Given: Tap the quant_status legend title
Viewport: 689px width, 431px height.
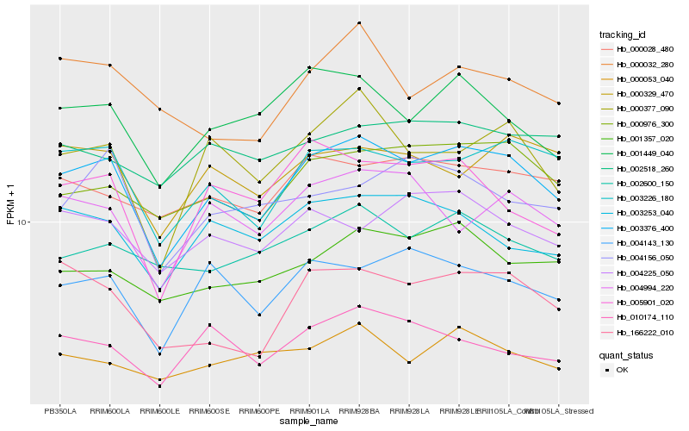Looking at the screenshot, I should click(x=625, y=355).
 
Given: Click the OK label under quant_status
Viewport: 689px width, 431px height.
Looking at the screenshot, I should click(x=623, y=370).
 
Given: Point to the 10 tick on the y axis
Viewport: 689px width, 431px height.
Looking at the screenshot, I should click(x=22, y=222).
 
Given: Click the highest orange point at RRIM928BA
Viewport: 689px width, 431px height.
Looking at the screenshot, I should click(x=359, y=22).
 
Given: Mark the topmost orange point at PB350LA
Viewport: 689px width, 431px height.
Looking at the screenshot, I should click(x=60, y=58).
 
